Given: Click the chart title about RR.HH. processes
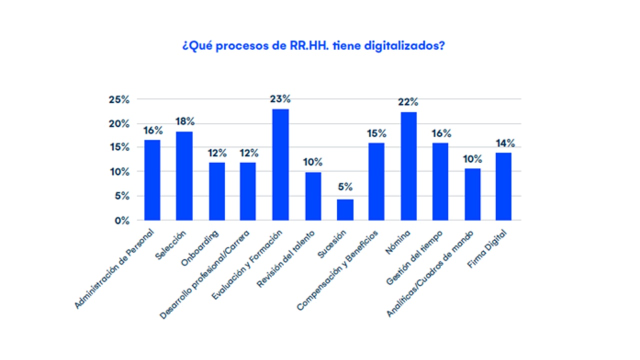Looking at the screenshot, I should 313,45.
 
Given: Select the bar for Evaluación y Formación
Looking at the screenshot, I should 280,165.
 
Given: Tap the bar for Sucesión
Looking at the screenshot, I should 345,210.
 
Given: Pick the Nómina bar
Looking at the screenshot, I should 408,166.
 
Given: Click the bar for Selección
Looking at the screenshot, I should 184,176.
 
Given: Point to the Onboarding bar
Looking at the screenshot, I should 216,191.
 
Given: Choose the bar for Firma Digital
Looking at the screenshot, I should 503,186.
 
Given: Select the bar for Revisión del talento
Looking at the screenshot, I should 313,196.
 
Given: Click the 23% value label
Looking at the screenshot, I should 280,99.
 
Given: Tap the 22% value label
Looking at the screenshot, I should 408,102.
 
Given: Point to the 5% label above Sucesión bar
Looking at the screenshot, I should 345,187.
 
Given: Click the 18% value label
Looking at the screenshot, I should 184,121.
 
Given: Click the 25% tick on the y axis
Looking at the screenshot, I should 119,99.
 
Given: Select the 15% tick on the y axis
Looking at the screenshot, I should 119,148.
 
